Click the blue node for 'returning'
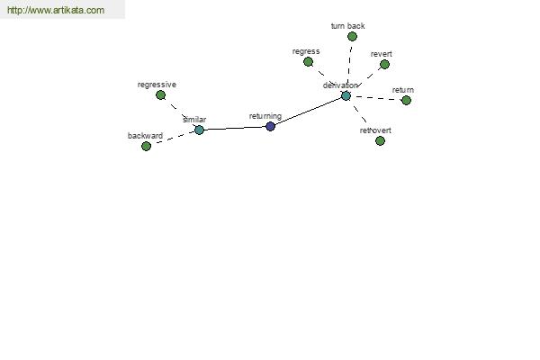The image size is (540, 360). click(270, 127)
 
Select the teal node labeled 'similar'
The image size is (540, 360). click(199, 130)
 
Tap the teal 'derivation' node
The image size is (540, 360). click(346, 95)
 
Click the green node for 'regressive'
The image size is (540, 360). click(160, 94)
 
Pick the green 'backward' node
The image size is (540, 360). click(146, 146)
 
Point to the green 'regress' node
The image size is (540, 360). click(308, 61)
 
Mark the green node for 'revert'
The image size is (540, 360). click(384, 64)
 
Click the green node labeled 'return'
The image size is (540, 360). click(406, 100)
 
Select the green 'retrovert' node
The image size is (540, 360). click(380, 140)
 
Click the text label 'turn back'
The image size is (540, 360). click(347, 26)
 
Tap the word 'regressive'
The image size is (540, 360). click(157, 85)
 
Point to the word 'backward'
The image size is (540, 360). click(145, 136)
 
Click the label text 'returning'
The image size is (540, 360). click(265, 116)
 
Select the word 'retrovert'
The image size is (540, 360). click(375, 130)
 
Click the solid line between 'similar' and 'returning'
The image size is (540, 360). click(234, 128)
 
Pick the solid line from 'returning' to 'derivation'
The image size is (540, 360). click(308, 112)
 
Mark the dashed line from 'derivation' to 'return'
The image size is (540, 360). click(376, 97)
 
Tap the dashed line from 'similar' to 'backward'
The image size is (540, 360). click(172, 138)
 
